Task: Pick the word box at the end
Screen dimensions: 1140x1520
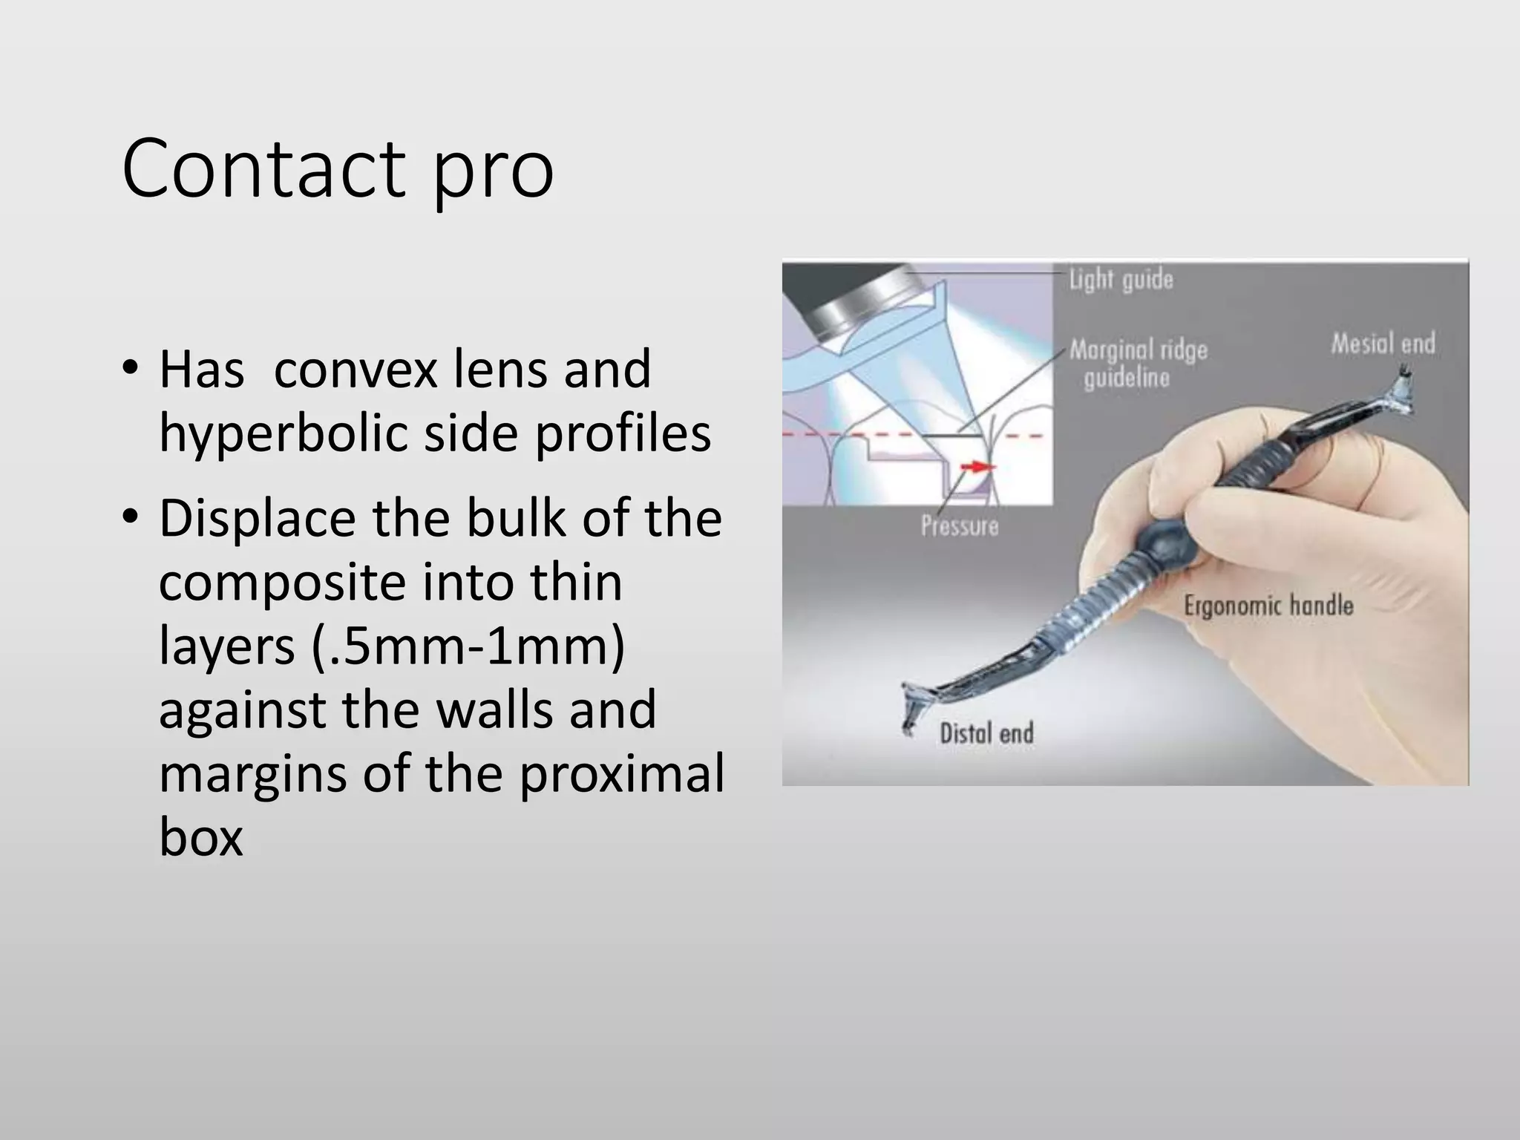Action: pos(200,837)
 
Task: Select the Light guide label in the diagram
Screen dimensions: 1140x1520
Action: pos(1121,280)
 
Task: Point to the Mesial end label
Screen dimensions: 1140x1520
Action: pos(1382,344)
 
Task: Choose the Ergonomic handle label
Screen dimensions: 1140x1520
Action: pos(1268,606)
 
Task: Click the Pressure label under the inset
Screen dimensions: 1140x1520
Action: pos(959,525)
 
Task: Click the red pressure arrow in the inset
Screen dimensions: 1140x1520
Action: pos(977,466)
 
